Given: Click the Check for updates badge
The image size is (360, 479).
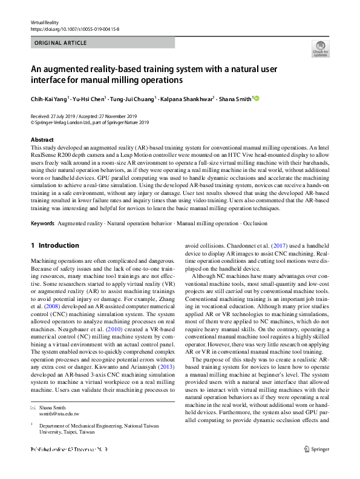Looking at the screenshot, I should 319,49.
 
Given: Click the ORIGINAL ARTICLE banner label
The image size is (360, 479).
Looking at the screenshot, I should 61,43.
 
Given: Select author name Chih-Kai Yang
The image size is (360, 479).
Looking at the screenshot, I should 50,98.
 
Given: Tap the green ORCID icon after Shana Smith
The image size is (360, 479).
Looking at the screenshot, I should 257,97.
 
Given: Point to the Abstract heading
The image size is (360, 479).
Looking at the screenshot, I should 42,139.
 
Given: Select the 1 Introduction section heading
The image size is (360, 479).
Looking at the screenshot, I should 55,245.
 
